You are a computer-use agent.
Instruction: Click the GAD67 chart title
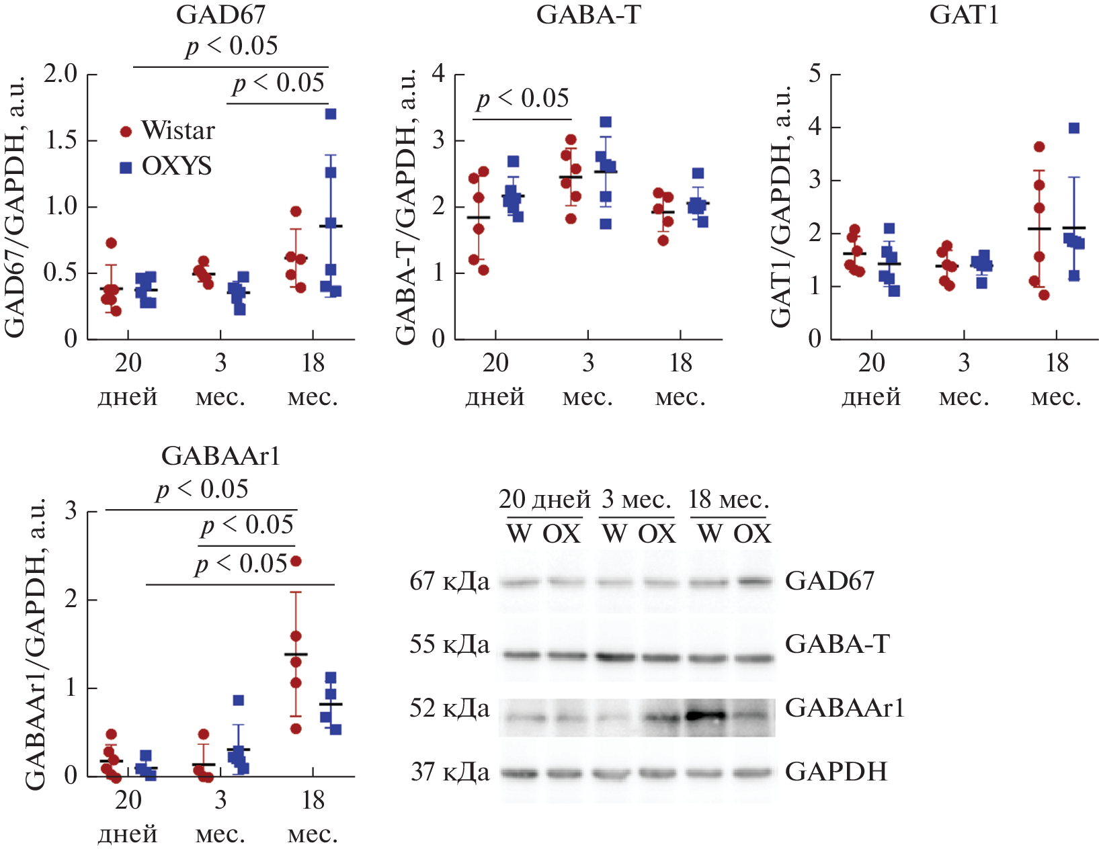pyautogui.click(x=220, y=15)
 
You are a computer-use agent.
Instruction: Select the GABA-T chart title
pyautogui.click(x=588, y=15)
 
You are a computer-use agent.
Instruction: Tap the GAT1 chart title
pyautogui.click(x=964, y=15)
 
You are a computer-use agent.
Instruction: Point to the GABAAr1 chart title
pyautogui.click(x=220, y=457)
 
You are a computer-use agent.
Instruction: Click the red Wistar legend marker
pyautogui.click(x=126, y=132)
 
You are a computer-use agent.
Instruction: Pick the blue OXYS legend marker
pyautogui.click(x=126, y=167)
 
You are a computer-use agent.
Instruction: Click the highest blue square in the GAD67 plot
pyautogui.click(x=331, y=114)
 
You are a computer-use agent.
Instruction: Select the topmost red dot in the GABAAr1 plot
pyautogui.click(x=296, y=561)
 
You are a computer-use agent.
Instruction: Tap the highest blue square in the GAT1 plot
pyautogui.click(x=1074, y=128)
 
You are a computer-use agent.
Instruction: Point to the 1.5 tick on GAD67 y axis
pyautogui.click(x=61, y=141)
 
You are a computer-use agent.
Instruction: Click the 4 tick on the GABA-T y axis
pyautogui.click(x=438, y=74)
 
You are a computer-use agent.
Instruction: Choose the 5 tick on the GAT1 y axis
pyautogui.click(x=815, y=74)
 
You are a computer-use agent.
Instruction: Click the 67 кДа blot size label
pyautogui.click(x=450, y=582)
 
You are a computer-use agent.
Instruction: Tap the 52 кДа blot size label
pyautogui.click(x=450, y=709)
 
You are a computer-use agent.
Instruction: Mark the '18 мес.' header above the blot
pyautogui.click(x=729, y=500)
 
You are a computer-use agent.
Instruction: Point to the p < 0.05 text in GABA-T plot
pyautogui.click(x=523, y=99)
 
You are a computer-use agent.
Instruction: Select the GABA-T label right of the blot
pyautogui.click(x=837, y=645)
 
